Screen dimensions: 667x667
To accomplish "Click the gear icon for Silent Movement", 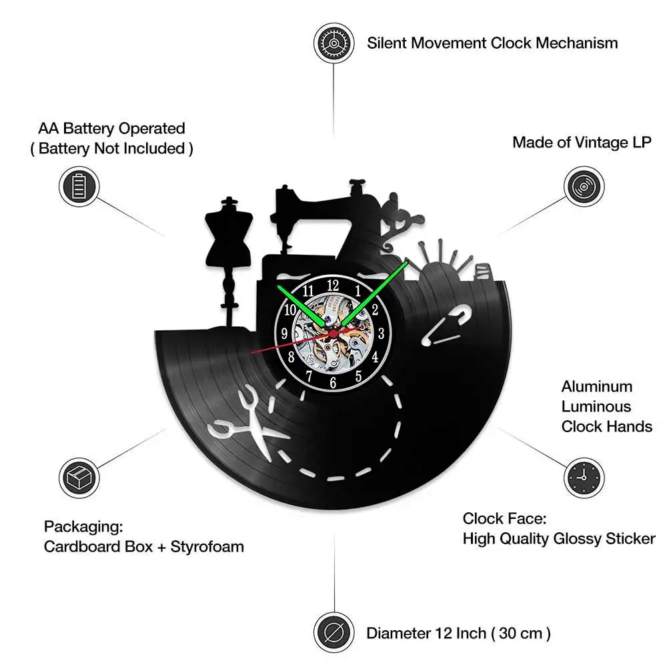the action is click(x=333, y=43).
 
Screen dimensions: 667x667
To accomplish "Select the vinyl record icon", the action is click(x=584, y=186).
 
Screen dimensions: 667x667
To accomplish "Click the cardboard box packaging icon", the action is click(x=79, y=477).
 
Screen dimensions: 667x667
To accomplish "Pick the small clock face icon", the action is click(x=584, y=477).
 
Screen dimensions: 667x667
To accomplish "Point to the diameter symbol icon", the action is click(x=333, y=631).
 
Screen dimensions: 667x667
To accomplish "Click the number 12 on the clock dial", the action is click(x=333, y=285).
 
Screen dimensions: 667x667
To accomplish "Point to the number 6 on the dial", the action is click(x=333, y=382).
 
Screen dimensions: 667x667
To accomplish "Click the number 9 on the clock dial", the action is click(x=285, y=333).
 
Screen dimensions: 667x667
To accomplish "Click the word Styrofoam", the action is click(x=207, y=547).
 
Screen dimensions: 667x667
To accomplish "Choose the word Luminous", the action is click(x=596, y=406).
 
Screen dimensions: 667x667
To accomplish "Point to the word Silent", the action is click(x=386, y=43).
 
